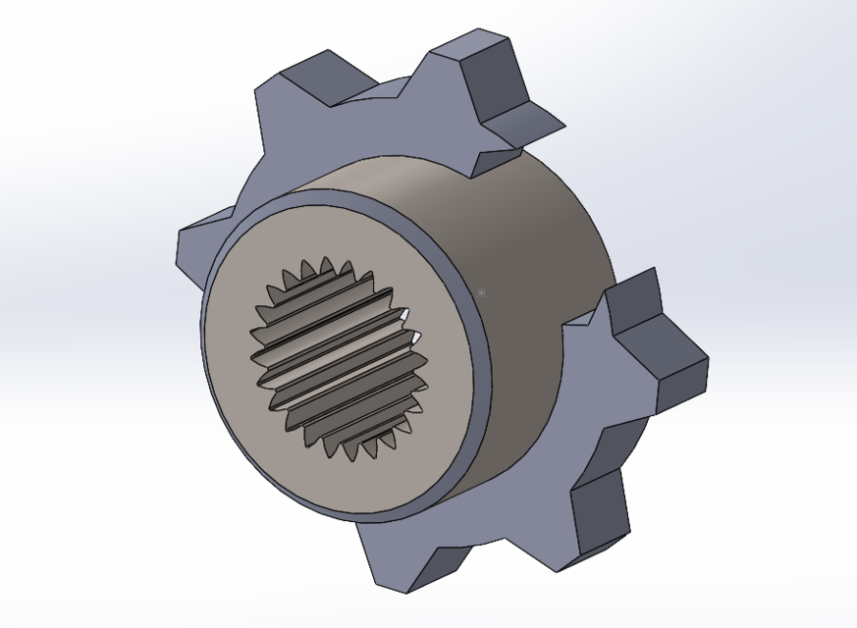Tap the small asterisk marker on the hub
(480, 292)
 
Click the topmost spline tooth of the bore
(324, 268)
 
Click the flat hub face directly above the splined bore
(324, 231)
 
